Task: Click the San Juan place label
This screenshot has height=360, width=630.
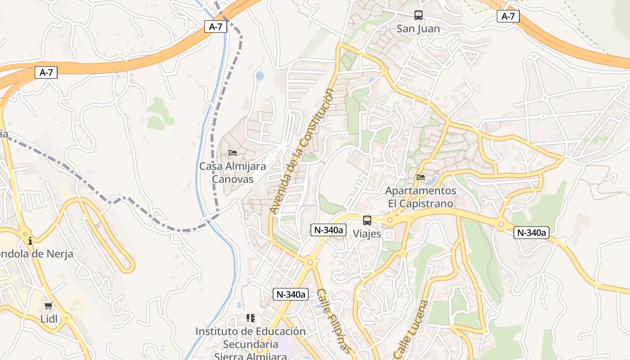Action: [x=418, y=29]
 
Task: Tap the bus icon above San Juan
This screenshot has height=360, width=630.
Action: [x=418, y=15]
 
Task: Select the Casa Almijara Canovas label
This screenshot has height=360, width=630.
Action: [x=233, y=172]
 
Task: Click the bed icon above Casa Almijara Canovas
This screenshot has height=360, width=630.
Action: [x=233, y=153]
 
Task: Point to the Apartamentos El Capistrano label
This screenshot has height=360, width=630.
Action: [x=420, y=197]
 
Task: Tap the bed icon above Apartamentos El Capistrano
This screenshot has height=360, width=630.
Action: [x=421, y=177]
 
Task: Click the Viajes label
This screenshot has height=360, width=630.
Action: [x=367, y=234]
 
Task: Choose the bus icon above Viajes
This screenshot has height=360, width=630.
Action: [x=367, y=220]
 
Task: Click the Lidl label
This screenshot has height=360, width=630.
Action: [x=49, y=319]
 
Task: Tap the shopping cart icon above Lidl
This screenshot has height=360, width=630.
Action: [x=48, y=306]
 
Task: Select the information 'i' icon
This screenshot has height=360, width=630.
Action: [x=30, y=241]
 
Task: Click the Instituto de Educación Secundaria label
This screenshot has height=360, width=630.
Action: [x=250, y=338]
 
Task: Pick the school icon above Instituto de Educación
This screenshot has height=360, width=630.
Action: [x=251, y=318]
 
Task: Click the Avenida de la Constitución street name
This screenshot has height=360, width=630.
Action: [x=302, y=151]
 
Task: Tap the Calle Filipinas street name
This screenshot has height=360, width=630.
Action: [x=333, y=319]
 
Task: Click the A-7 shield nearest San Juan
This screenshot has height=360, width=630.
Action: [x=508, y=17]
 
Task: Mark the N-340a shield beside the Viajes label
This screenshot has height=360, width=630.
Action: [x=328, y=230]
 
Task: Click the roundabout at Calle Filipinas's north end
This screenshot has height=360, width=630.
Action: [x=310, y=261]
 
